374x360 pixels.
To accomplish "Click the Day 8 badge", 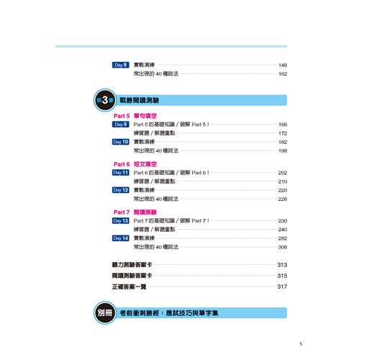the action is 121,65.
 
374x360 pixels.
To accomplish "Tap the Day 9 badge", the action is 121,125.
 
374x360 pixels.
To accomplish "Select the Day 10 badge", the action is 121,142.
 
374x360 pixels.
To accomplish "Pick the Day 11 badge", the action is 121,173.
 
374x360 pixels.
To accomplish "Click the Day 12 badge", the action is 121,190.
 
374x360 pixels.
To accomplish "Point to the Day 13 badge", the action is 121,220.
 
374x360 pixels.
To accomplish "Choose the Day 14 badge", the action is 121,238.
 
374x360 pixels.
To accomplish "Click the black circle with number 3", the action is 105,100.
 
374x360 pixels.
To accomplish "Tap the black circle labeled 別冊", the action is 105,312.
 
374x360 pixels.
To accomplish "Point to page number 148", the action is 283,65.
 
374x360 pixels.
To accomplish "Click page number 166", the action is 283,125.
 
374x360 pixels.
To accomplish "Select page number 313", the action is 282,265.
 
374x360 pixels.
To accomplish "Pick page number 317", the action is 282,287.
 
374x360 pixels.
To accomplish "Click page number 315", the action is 282,276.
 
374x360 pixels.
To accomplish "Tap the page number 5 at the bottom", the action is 301,344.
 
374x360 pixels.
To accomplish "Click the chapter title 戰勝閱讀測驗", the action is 140,100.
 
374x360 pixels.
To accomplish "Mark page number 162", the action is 283,74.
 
